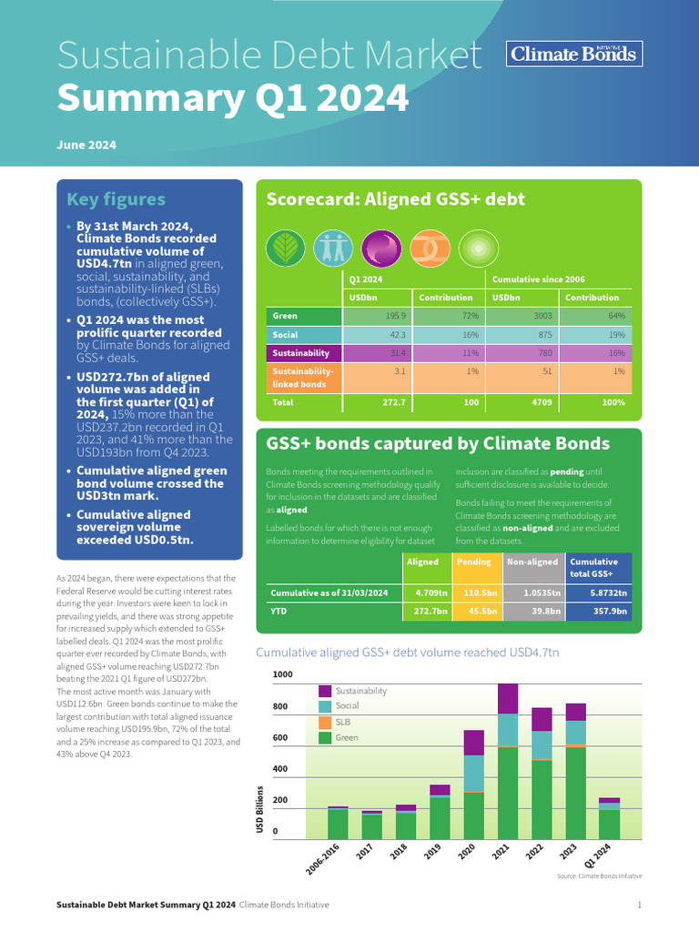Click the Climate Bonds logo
[x=574, y=54]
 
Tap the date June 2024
[x=86, y=145]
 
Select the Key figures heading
[x=116, y=199]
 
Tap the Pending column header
[x=474, y=562]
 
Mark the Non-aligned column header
[x=533, y=562]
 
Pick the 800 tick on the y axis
[x=282, y=706]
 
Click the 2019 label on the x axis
[x=433, y=854]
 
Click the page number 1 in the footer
[x=640, y=905]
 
